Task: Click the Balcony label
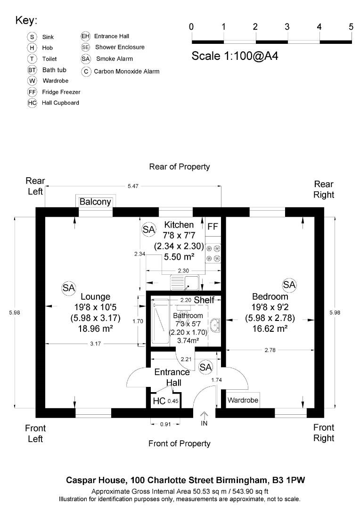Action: [95, 202]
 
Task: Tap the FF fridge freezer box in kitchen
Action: [213, 227]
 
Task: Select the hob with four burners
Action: [213, 253]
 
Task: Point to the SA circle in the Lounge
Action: [69, 288]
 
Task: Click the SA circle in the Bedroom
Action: [289, 285]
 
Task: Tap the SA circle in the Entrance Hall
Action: [205, 367]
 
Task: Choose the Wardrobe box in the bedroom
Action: [243, 400]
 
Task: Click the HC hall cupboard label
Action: [159, 401]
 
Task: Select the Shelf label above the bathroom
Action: [204, 300]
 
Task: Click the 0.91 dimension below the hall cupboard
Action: [165, 424]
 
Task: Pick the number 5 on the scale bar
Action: [351, 26]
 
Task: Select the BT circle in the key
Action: [32, 70]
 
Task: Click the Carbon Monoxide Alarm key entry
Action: [126, 72]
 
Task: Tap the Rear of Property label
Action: [179, 167]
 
